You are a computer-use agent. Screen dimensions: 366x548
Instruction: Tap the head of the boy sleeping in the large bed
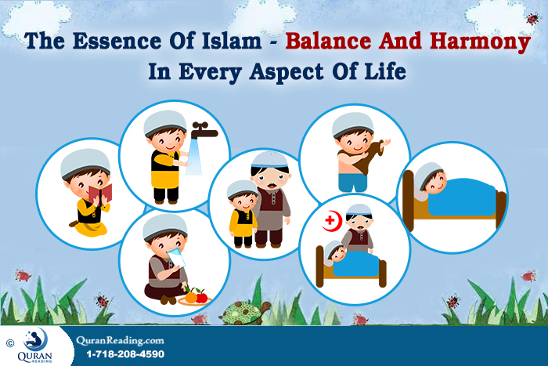coord(431,182)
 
